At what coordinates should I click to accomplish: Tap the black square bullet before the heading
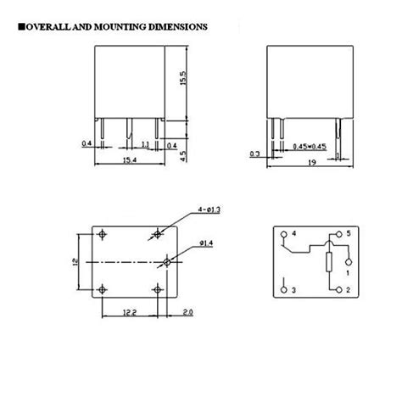pyautogui.click(x=20, y=27)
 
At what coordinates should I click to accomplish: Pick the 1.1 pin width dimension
pyautogui.click(x=145, y=145)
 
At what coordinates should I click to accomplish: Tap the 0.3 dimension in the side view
pyautogui.click(x=255, y=154)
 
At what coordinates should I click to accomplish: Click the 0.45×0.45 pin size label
pyautogui.click(x=309, y=147)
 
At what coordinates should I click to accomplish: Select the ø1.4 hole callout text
pyautogui.click(x=208, y=244)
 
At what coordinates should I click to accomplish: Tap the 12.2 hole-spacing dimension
pyautogui.click(x=127, y=312)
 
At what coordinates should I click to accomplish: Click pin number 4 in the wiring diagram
pyautogui.click(x=293, y=233)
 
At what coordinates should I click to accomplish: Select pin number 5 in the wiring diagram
pyautogui.click(x=348, y=233)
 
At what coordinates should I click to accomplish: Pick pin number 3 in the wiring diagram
pyautogui.click(x=293, y=291)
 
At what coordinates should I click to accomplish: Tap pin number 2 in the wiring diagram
pyautogui.click(x=348, y=291)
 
